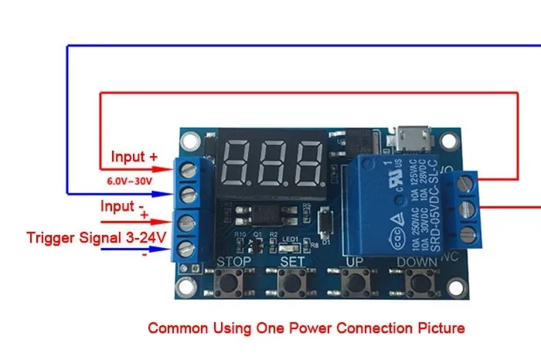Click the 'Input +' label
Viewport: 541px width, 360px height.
click(x=134, y=157)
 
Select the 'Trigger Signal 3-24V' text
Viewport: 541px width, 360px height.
click(x=97, y=238)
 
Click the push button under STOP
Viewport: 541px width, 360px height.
click(x=229, y=285)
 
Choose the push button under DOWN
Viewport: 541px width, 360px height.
click(x=418, y=285)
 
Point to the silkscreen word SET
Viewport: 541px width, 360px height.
click(x=293, y=263)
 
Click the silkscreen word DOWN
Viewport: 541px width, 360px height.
click(x=417, y=263)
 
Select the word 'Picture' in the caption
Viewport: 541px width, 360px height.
click(x=441, y=328)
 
